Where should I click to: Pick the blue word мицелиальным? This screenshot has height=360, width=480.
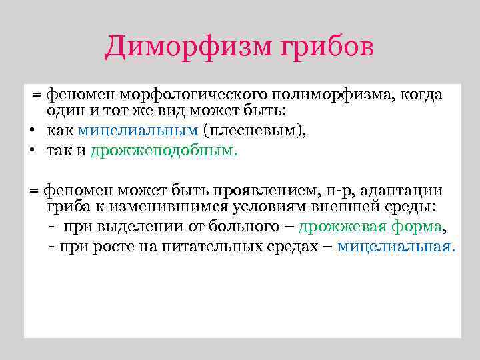point(138,131)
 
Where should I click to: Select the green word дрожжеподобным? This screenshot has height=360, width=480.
point(163,150)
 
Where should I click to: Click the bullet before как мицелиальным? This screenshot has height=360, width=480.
point(31,131)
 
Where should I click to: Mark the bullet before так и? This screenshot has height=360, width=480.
point(31,151)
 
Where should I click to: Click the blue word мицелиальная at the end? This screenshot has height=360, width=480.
point(396,246)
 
